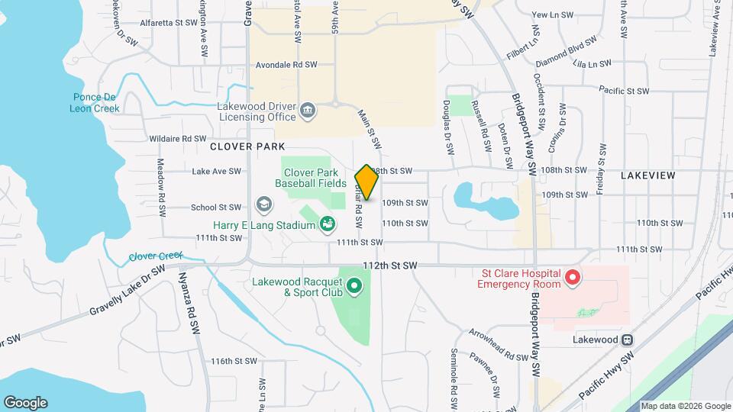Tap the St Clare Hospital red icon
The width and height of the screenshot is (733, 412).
pos(573,278)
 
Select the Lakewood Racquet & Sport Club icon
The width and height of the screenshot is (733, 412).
pos(354,287)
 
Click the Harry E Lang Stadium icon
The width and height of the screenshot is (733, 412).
pos(328,224)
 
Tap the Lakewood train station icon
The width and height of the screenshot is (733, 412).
pos(628,340)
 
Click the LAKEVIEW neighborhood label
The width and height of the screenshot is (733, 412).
pos(647,175)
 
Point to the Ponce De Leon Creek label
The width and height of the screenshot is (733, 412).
pos(96,102)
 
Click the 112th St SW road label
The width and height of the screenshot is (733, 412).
pos(389,265)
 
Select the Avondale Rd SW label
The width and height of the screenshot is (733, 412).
pos(286,66)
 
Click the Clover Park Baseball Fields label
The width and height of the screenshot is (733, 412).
pos(312,179)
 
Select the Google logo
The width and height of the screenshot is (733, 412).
pos(25,402)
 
